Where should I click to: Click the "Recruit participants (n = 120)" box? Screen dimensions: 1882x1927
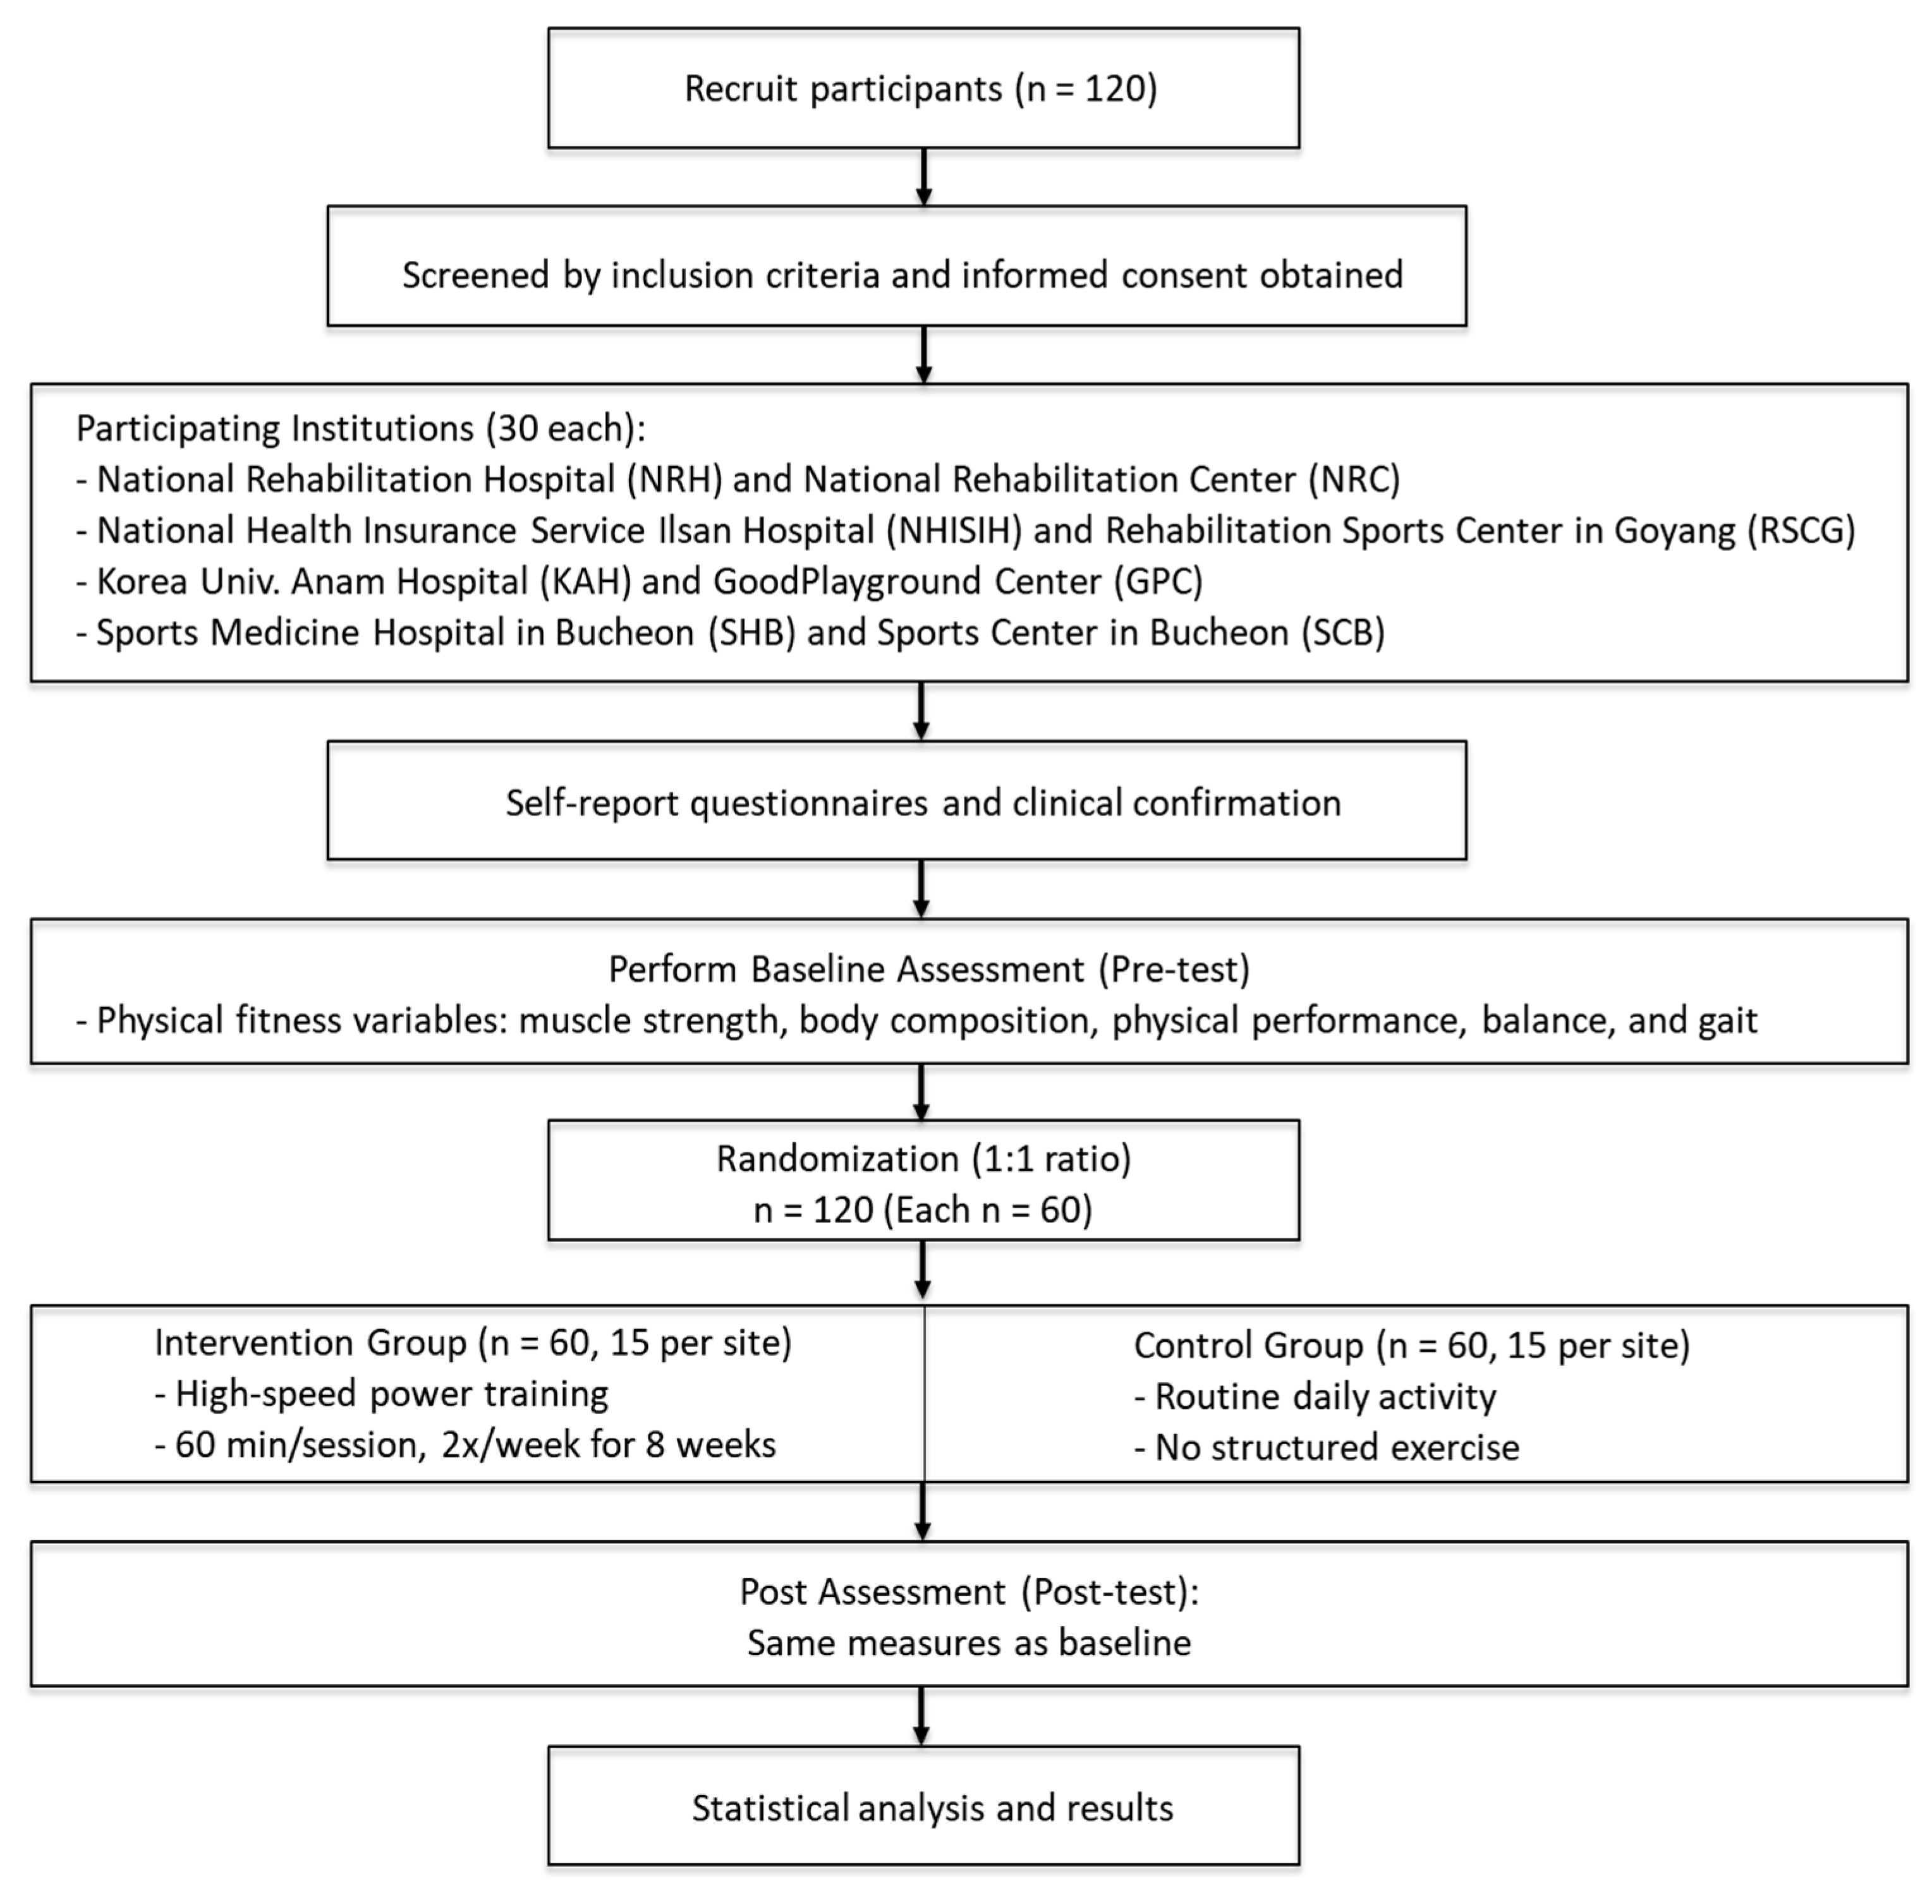pyautogui.click(x=923, y=88)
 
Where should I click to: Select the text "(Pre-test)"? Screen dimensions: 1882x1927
pyautogui.click(x=1174, y=970)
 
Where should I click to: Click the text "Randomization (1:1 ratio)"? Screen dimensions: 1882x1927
pyautogui.click(x=923, y=1159)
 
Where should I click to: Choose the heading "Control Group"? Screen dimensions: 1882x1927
pyautogui.click(x=1248, y=1345)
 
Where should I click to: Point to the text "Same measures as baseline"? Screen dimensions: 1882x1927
pyautogui.click(x=968, y=1643)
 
